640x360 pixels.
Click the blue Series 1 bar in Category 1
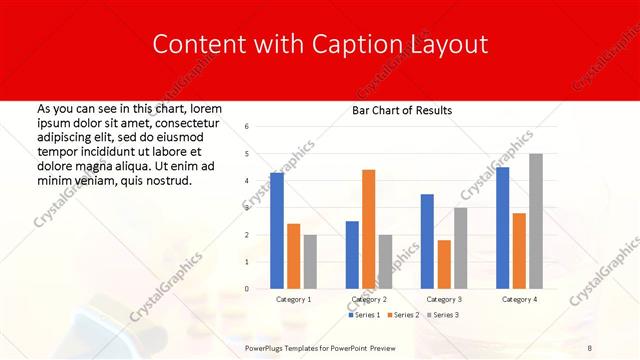(277, 231)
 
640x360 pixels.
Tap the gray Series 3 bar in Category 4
(536, 221)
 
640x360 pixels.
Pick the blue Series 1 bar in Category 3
(427, 241)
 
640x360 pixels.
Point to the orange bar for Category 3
(444, 264)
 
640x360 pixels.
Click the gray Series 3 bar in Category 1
(310, 262)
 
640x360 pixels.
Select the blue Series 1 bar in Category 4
(502, 228)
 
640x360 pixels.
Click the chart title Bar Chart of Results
(402, 110)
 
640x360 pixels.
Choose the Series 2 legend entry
(402, 315)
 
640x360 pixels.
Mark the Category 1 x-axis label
(293, 299)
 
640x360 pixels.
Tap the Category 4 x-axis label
(519, 299)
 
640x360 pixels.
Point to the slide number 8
(590, 346)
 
